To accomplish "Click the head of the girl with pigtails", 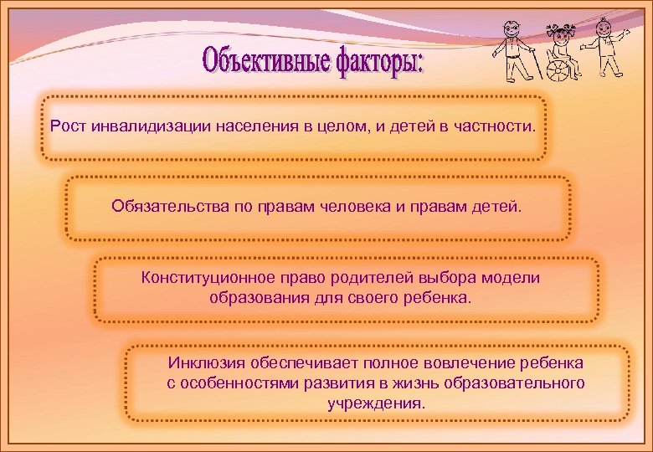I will (x=558, y=32).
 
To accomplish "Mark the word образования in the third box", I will (x=250, y=297).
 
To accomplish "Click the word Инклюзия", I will (x=205, y=363).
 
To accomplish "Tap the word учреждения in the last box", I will (x=376, y=403).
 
